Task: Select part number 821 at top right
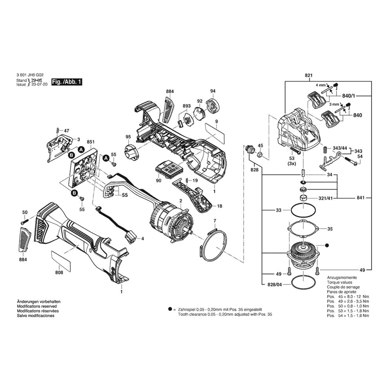309,75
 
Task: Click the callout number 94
213,91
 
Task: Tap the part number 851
91,142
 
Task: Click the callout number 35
330,229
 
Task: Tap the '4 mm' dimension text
321,85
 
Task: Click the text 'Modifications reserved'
37,306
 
